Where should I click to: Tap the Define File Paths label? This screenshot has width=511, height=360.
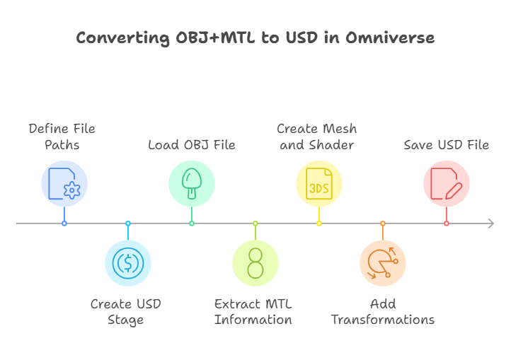tap(62, 137)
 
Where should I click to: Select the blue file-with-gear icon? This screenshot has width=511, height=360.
tap(64, 184)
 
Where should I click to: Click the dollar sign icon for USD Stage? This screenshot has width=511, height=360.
tap(128, 263)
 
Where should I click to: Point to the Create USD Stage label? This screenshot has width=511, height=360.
tap(126, 312)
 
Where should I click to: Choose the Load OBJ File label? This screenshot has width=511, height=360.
tap(192, 145)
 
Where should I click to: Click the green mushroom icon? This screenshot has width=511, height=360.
tap(192, 184)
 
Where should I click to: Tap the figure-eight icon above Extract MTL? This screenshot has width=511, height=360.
tap(255, 263)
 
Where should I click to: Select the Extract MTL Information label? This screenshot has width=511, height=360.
tap(253, 312)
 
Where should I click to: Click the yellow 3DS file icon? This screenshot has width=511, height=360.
tap(319, 184)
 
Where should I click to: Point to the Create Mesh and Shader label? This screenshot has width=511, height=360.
tap(317, 137)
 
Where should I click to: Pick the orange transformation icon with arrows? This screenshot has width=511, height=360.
tap(383, 263)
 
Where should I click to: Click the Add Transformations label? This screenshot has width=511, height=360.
tap(383, 312)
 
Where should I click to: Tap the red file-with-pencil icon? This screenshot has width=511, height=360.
tap(447, 184)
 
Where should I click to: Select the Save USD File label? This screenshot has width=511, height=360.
tap(447, 145)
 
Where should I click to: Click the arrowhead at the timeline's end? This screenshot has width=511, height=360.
tap(490, 223)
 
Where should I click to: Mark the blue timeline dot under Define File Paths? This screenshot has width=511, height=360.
tap(64, 223)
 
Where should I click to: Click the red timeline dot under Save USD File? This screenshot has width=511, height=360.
tap(447, 223)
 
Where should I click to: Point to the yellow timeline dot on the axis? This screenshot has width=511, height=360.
tap(319, 223)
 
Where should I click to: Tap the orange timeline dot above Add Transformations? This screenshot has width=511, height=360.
tap(383, 223)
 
